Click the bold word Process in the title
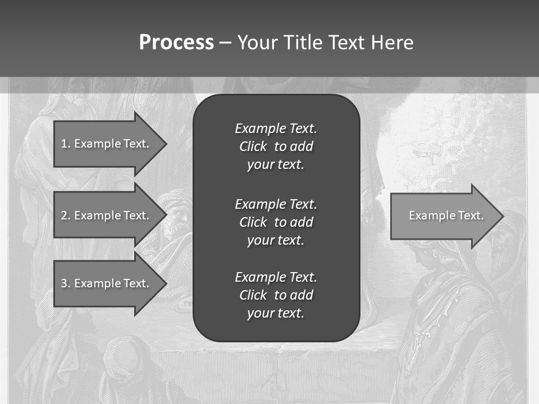(x=176, y=43)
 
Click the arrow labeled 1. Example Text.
(x=107, y=144)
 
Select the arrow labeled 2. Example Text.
(x=107, y=215)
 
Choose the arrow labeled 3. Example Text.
(x=107, y=283)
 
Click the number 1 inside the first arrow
(x=64, y=144)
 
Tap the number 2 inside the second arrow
(x=64, y=215)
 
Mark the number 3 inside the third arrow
(x=64, y=283)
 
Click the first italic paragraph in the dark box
(x=276, y=146)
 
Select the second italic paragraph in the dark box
(x=276, y=222)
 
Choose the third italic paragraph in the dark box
(x=276, y=295)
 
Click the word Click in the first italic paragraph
(x=253, y=146)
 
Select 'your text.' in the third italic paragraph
(x=276, y=313)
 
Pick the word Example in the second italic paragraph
(x=259, y=204)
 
